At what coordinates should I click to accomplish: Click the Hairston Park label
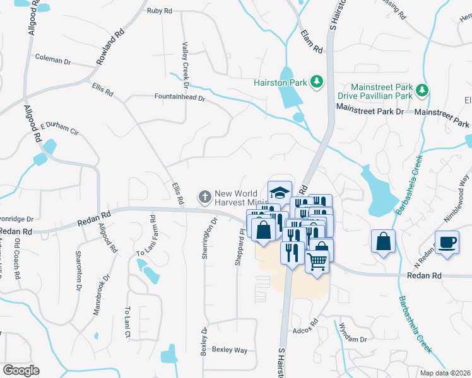(280, 82)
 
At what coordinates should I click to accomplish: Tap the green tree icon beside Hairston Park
(318, 82)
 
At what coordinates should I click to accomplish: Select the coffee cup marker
(447, 243)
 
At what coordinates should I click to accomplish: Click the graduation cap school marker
(280, 192)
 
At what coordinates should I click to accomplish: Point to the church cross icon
(204, 197)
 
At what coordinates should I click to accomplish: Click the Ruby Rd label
(159, 11)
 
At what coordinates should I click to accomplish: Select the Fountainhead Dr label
(180, 98)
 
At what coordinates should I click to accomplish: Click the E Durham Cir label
(59, 129)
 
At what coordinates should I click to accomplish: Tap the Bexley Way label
(230, 349)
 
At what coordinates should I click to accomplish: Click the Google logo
(21, 370)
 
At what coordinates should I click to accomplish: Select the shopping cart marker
(317, 260)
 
